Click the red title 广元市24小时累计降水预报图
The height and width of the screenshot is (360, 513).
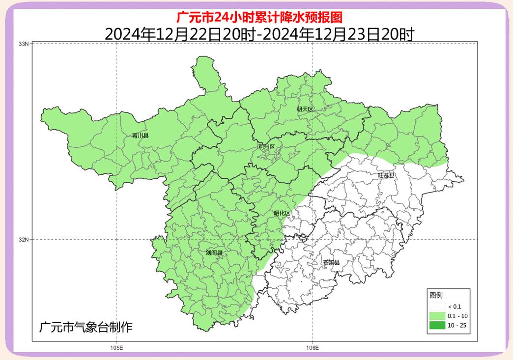[x=259, y=17]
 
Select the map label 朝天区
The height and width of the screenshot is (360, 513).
[x=305, y=109]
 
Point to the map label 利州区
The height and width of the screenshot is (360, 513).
[x=266, y=147]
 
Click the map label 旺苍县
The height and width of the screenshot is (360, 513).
[x=386, y=175]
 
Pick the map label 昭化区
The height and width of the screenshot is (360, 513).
[x=282, y=213]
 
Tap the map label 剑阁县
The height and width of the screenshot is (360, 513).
[x=214, y=253]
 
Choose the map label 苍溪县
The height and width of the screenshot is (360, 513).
[x=331, y=262]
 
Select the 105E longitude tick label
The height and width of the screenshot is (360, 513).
[x=116, y=348]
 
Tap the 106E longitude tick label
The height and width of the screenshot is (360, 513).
[x=313, y=348]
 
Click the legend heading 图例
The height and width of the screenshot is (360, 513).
[x=436, y=295]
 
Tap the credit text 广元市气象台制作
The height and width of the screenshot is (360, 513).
[x=85, y=326]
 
